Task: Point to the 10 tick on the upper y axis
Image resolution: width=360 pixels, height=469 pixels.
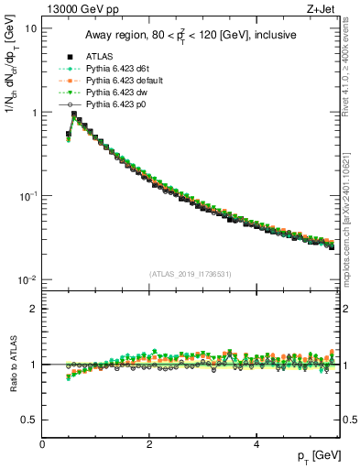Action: click(x=30, y=28)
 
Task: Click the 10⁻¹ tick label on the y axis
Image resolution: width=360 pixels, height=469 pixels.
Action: click(x=27, y=196)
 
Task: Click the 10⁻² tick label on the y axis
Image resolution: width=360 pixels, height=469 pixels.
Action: click(x=27, y=279)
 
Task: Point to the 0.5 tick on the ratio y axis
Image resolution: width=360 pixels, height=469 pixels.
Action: click(x=31, y=420)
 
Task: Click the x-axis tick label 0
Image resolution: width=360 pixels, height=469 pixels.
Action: click(x=42, y=444)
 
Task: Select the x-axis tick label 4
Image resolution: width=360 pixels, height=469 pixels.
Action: click(x=256, y=444)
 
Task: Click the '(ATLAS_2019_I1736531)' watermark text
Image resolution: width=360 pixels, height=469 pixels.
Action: click(x=191, y=274)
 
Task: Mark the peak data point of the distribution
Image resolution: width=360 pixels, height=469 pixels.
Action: click(x=74, y=115)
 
